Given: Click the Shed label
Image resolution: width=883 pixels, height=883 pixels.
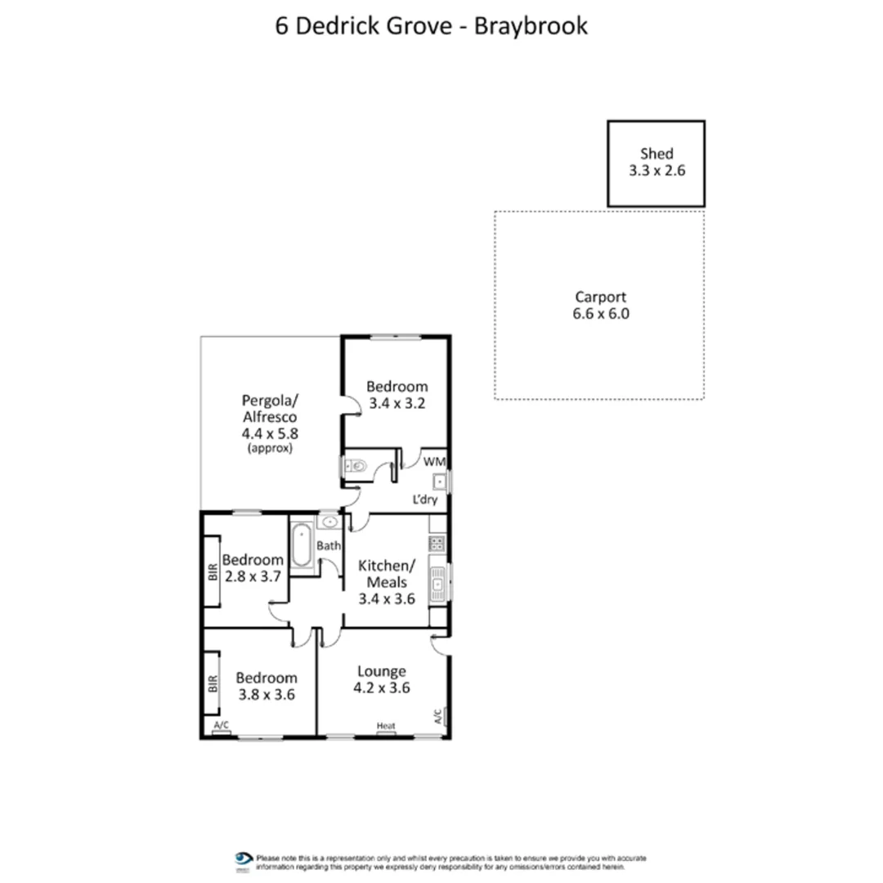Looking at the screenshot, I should pyautogui.click(x=657, y=153).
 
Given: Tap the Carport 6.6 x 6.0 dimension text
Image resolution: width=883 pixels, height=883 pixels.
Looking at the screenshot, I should pyautogui.click(x=601, y=313).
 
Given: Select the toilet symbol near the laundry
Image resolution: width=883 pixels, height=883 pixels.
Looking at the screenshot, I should pyautogui.click(x=356, y=467).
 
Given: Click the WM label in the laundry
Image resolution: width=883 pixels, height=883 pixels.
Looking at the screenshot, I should pyautogui.click(x=434, y=462).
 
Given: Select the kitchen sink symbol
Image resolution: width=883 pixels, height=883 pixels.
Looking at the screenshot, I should pyautogui.click(x=438, y=584).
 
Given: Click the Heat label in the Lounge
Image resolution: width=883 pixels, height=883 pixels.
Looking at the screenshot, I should pyautogui.click(x=386, y=725).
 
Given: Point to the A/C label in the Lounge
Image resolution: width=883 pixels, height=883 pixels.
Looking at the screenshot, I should pyautogui.click(x=439, y=716).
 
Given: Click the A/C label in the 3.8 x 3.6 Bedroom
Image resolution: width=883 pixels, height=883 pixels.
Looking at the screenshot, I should pyautogui.click(x=220, y=726).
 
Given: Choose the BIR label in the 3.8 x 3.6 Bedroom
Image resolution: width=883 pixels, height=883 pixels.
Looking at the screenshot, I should pyautogui.click(x=212, y=683).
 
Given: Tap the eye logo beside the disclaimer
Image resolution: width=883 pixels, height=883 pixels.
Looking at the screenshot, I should pyautogui.click(x=243, y=858).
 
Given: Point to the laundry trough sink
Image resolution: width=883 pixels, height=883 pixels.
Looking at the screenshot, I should pyautogui.click(x=438, y=482).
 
